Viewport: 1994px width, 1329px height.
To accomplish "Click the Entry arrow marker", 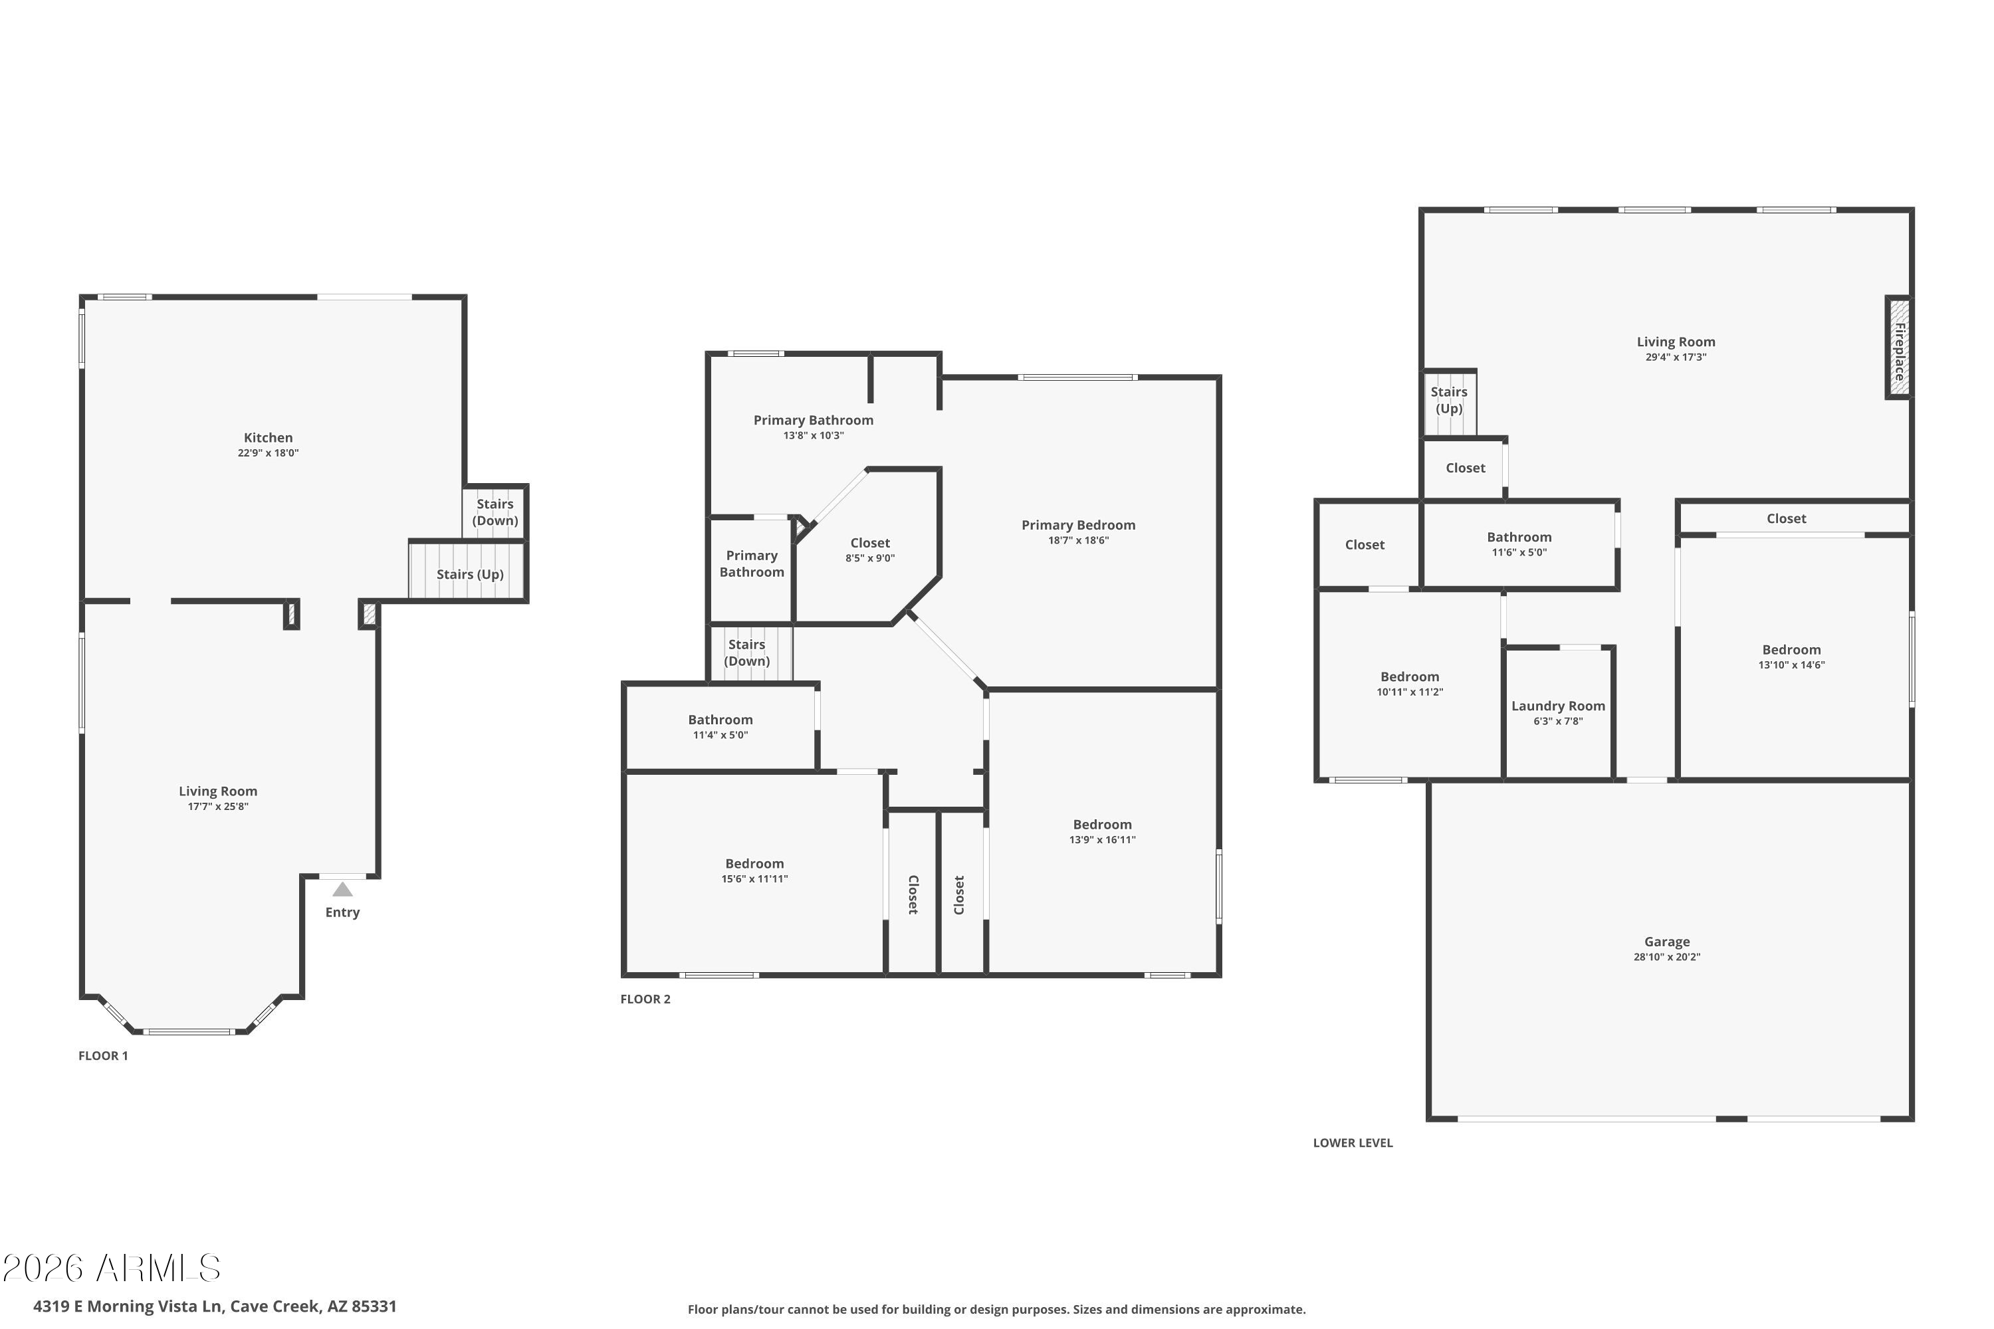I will tap(342, 889).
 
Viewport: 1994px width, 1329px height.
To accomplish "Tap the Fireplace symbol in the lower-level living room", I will tap(1899, 348).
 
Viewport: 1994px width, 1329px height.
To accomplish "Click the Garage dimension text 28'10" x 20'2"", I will tap(1667, 957).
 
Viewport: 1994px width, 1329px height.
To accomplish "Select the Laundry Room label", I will tap(1558, 706).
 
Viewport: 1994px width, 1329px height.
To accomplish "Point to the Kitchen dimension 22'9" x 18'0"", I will tap(268, 453).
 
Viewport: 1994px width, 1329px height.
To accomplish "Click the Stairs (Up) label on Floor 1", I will tap(470, 575).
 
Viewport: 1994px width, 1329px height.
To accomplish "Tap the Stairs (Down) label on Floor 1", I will tap(495, 512).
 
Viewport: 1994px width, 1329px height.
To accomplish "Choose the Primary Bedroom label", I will tap(1078, 526).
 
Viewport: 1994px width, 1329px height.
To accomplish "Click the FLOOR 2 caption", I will tap(645, 999).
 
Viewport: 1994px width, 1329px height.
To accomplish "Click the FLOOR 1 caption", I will tap(104, 1056).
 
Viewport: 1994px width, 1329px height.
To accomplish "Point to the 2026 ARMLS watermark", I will tap(111, 1268).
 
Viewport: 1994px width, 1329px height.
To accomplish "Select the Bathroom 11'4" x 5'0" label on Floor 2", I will tap(720, 720).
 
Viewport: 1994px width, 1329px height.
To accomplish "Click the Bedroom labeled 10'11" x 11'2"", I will tap(1409, 677).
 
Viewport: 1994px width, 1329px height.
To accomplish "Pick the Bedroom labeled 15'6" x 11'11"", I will tap(754, 865).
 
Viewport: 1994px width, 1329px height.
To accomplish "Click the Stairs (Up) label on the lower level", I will tap(1449, 400).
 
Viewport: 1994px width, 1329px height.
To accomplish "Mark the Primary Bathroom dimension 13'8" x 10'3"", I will tap(813, 436).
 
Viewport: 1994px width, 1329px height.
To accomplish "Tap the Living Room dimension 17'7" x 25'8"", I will tap(218, 807).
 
